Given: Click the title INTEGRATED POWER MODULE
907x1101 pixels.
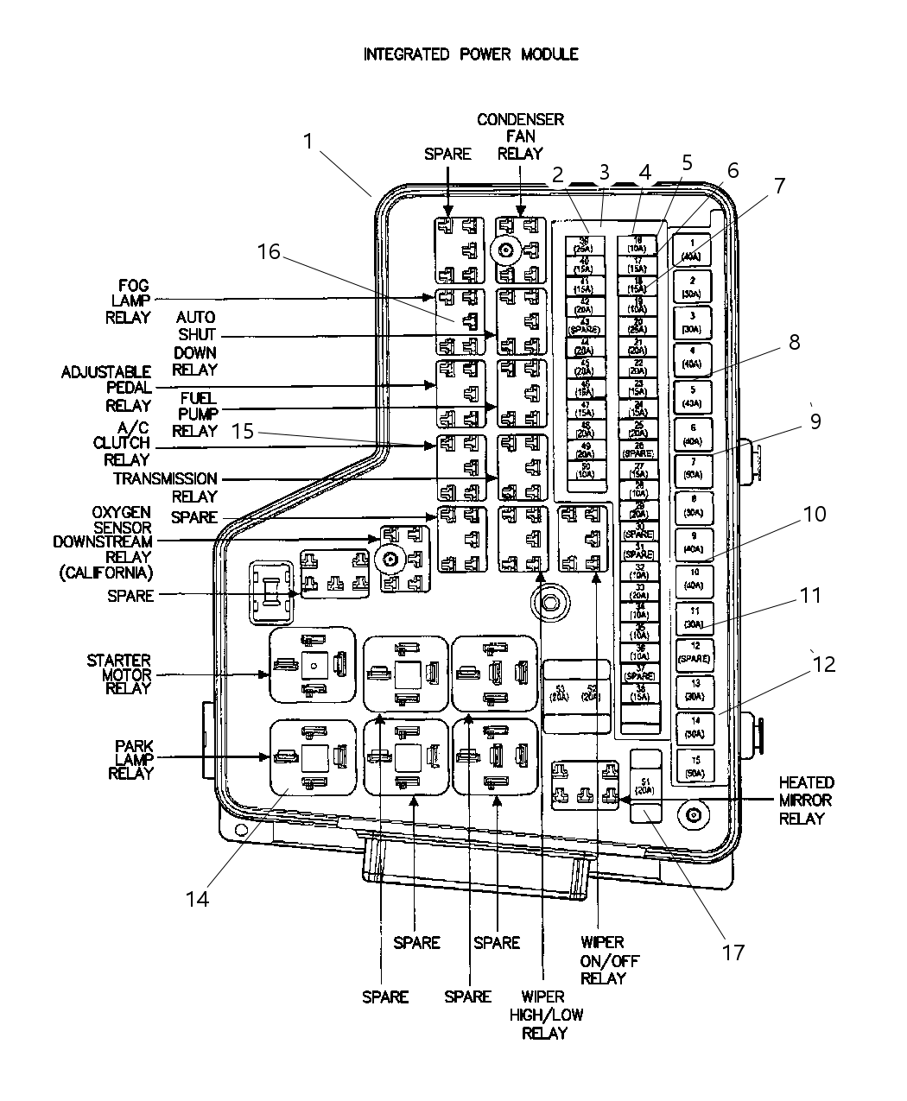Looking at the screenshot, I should click(471, 54).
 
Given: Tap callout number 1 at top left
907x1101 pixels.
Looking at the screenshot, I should click(308, 141).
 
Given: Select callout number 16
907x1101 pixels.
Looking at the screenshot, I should click(269, 251).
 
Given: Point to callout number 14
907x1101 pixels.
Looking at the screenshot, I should click(197, 898).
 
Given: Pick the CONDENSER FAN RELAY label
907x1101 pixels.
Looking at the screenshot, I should click(520, 136).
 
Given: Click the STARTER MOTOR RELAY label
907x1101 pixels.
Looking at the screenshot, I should click(118, 674).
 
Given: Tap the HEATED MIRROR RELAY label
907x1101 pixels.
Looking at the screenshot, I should click(805, 800).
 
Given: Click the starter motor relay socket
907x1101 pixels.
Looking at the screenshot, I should click(313, 664).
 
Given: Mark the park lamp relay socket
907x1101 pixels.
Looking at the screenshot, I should click(313, 757).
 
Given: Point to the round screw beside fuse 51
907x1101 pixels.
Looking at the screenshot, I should click(694, 815).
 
